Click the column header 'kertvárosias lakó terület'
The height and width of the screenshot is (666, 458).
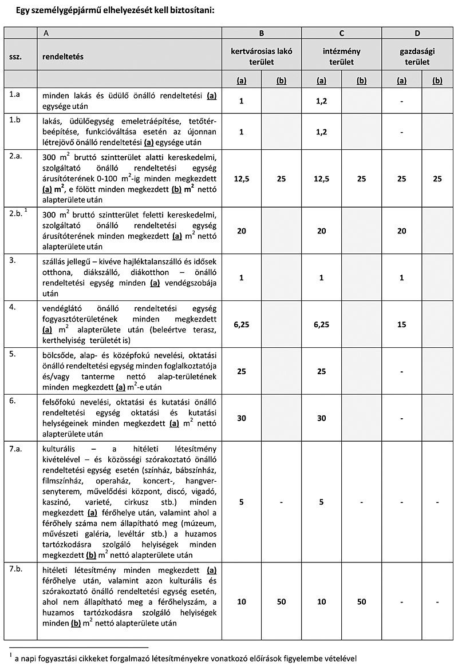pyautogui.click(x=261, y=56)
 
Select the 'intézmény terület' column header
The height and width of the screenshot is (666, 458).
pyautogui.click(x=342, y=56)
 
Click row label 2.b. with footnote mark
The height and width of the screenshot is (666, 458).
pyautogui.click(x=18, y=213)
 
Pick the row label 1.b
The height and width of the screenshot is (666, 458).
pyautogui.click(x=14, y=121)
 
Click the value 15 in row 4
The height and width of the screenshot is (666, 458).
pyautogui.click(x=402, y=324)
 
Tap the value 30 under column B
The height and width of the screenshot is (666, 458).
pyautogui.click(x=242, y=418)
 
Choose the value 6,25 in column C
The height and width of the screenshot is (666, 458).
pyautogui.click(x=322, y=324)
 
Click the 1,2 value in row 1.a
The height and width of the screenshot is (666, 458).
pyautogui.click(x=322, y=101)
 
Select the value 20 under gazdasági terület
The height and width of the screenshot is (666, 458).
pyautogui.click(x=402, y=231)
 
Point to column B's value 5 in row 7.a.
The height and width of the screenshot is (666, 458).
pyautogui.click(x=242, y=502)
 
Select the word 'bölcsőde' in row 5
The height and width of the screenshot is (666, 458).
pyautogui.click(x=59, y=353)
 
